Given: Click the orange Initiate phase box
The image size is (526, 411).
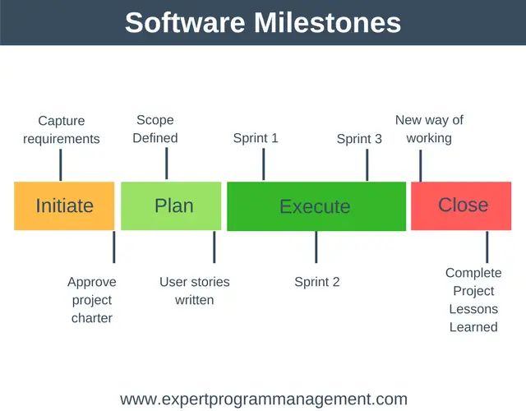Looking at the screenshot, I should (x=64, y=205).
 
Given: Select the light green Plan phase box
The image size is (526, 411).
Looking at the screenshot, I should (x=171, y=205).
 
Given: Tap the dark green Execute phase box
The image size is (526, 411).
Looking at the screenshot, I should (x=316, y=206).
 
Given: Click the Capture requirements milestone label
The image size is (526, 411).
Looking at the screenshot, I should (x=61, y=130).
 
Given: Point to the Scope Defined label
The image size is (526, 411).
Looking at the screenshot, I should (x=155, y=129).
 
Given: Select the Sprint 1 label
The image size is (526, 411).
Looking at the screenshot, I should (x=256, y=138).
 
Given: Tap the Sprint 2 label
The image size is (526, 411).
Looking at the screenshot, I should (x=317, y=282).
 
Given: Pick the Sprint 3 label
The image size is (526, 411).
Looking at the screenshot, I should (x=359, y=139).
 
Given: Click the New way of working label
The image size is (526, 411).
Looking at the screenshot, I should (x=429, y=129).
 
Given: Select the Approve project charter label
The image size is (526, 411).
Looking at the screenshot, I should (x=92, y=300).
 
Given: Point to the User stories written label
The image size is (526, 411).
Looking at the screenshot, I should (x=195, y=291).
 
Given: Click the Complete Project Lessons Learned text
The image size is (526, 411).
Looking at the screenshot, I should (x=473, y=300).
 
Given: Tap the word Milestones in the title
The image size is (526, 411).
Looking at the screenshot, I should (x=321, y=22).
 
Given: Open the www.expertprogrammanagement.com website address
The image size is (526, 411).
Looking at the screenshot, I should (x=263, y=399).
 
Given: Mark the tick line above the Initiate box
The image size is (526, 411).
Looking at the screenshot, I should (x=61, y=164).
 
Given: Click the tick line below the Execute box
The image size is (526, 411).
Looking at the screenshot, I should (x=316, y=247).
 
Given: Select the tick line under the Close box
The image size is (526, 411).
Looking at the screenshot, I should (x=487, y=247).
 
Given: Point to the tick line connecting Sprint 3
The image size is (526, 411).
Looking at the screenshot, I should (x=367, y=164).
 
